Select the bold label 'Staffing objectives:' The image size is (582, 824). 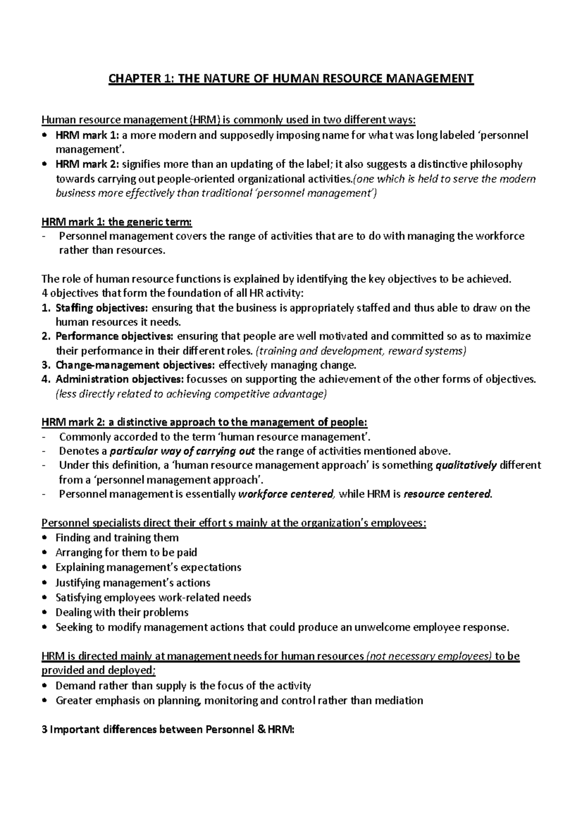tap(103, 308)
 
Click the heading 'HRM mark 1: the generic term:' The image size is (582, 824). tap(117, 222)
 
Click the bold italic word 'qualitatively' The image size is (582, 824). tap(466, 465)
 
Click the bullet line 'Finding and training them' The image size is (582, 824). tap(117, 538)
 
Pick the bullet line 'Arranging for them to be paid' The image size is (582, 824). tap(126, 552)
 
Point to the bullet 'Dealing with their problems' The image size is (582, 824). tap(122, 612)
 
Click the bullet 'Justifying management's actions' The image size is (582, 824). tap(132, 582)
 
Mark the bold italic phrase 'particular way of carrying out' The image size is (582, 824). tap(183, 451)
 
